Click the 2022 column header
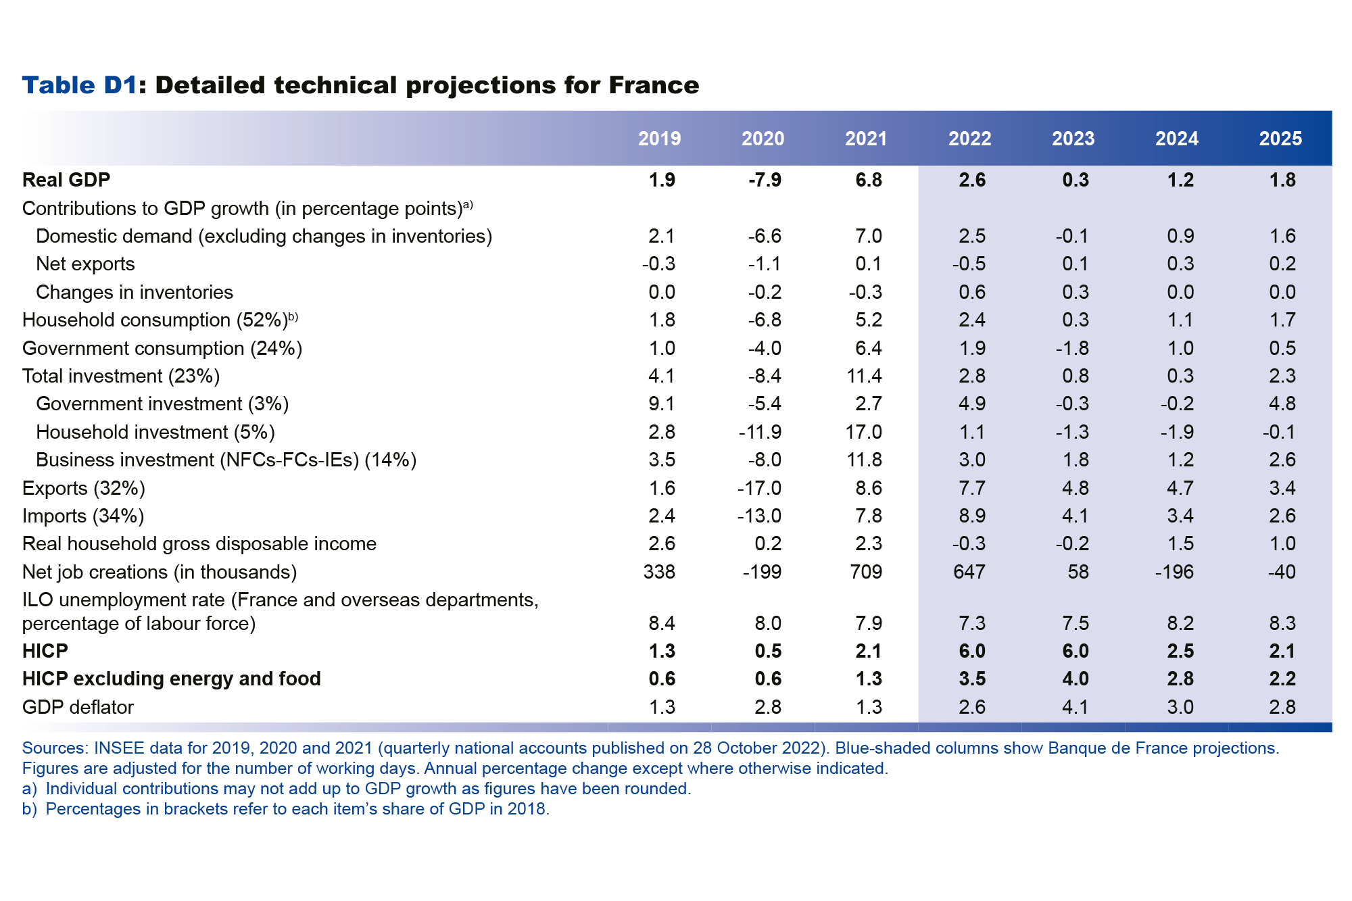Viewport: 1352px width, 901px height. tap(969, 139)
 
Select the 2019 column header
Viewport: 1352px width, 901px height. tap(659, 139)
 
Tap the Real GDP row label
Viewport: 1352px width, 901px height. tap(66, 180)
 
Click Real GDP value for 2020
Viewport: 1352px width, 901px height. tap(765, 180)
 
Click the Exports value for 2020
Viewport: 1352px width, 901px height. tap(759, 488)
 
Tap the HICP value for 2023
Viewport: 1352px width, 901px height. tap(1075, 651)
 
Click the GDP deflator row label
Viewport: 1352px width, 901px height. tap(78, 707)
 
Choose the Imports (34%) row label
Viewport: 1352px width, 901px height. tap(83, 516)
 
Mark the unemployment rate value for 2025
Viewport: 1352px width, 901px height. tap(1282, 623)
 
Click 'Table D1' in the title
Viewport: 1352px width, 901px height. tap(80, 85)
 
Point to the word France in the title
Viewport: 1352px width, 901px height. tap(654, 85)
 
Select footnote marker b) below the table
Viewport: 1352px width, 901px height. tap(29, 809)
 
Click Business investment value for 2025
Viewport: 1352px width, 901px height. tap(1282, 460)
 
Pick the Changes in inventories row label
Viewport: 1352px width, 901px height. tap(134, 292)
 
